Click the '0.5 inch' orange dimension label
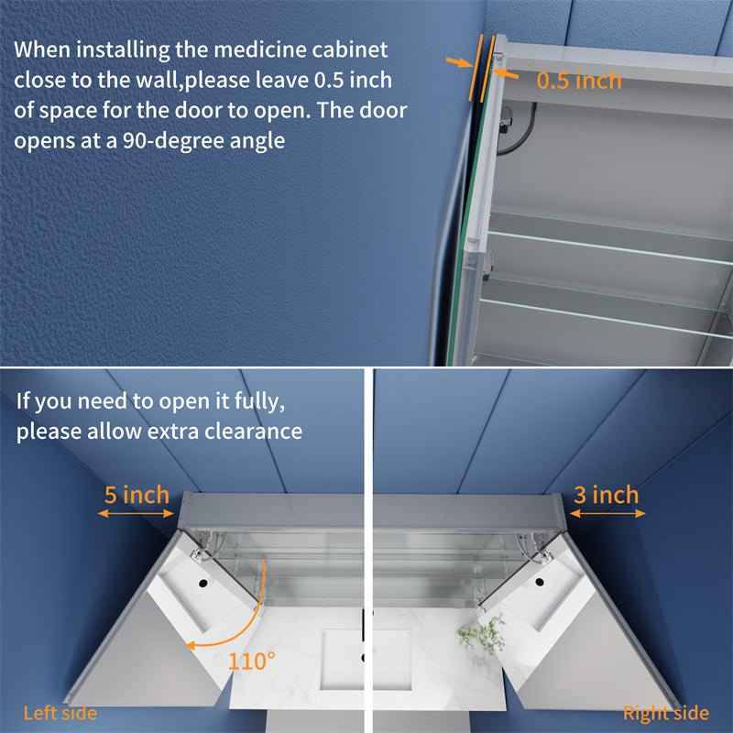578,81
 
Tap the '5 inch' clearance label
137,496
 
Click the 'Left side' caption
60,713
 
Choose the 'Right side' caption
666,713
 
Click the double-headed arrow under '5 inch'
135,515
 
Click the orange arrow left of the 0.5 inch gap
457,62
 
